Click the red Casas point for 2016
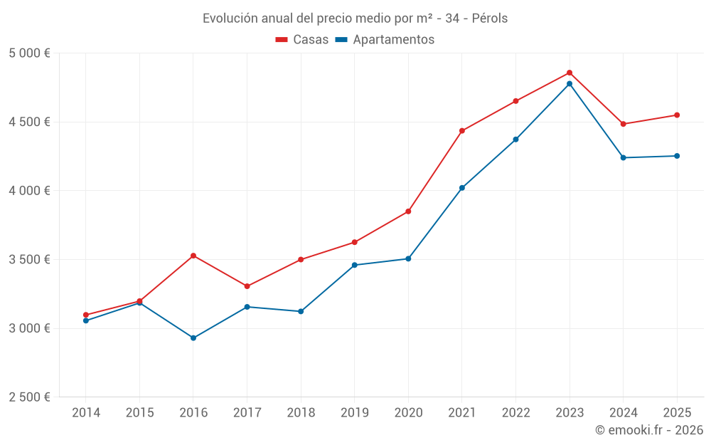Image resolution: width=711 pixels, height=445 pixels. coord(193,256)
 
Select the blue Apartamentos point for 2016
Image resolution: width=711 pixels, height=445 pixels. coord(193,337)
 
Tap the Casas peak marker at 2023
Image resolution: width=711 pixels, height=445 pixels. coord(570,73)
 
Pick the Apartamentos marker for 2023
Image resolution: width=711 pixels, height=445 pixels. coord(570,84)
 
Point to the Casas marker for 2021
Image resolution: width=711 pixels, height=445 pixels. coord(462,131)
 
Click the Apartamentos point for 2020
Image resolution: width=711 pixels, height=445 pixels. coord(408,258)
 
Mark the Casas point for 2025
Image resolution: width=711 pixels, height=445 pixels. coord(677,115)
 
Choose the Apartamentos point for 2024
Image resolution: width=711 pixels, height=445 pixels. coord(624,157)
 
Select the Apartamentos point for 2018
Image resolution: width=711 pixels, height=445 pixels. coord(301,311)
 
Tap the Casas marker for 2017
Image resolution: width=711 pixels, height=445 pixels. coord(247,286)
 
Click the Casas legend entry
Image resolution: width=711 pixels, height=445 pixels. coord(302,40)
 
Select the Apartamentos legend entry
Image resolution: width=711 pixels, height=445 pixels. coord(385,40)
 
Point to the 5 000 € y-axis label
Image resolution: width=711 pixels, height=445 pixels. coord(29,53)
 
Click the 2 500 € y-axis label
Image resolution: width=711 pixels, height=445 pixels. coord(29,397)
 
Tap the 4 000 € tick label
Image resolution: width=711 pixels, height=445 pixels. coord(29,191)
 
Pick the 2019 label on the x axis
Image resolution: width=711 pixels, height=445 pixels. coord(354,412)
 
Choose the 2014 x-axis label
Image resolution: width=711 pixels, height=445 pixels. coord(86,412)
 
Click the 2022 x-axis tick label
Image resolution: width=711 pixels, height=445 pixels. coord(515,412)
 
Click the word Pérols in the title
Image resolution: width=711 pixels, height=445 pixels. coord(490,19)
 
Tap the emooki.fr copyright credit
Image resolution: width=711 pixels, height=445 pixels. coord(649,430)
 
